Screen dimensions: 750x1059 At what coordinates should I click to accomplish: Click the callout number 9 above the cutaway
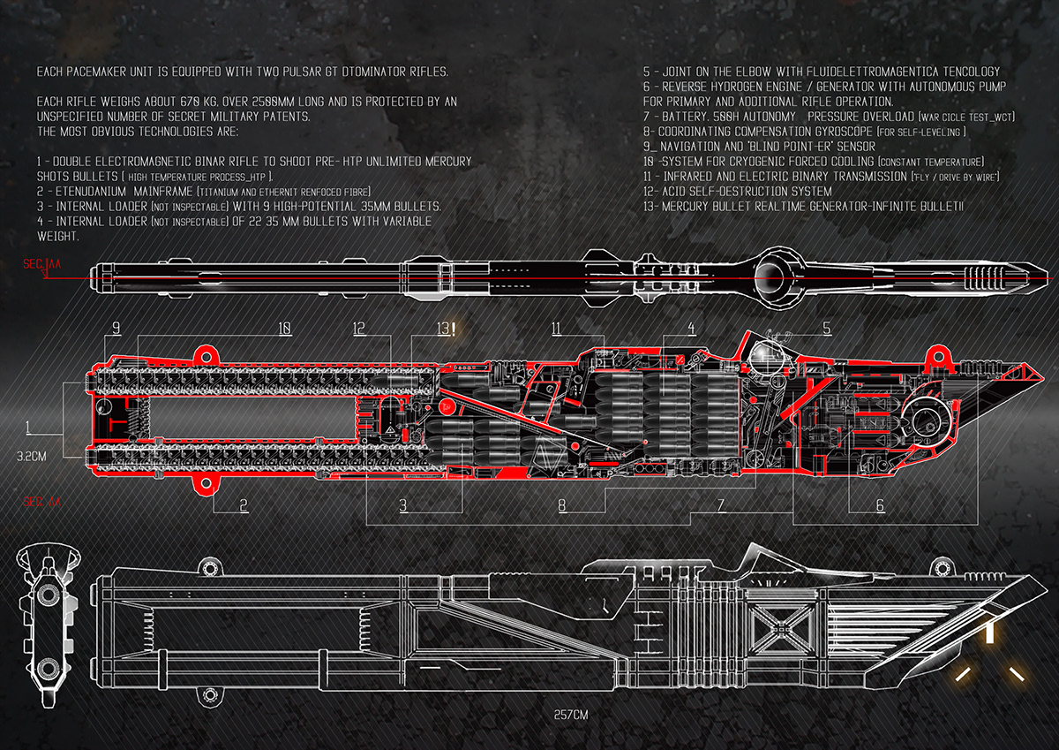tap(116, 329)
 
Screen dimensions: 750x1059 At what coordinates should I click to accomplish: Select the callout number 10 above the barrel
tap(284, 329)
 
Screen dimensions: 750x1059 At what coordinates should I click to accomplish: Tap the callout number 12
tap(359, 329)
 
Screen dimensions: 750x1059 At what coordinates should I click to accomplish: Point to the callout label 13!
tap(447, 329)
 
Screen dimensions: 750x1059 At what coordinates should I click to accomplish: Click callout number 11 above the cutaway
tap(556, 329)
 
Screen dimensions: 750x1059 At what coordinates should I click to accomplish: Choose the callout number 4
tap(691, 329)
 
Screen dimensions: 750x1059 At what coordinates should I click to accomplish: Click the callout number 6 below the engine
tap(880, 505)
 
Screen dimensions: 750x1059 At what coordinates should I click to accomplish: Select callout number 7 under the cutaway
tap(720, 505)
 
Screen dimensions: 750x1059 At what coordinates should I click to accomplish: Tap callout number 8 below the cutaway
tap(561, 505)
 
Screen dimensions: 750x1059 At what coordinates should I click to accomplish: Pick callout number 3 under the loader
tap(403, 505)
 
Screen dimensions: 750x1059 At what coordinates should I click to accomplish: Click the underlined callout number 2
tap(243, 505)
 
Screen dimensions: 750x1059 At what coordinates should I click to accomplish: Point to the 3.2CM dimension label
tap(32, 458)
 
